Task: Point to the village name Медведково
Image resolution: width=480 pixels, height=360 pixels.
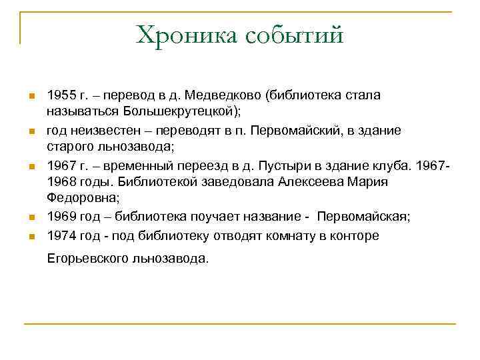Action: click(x=223, y=95)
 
